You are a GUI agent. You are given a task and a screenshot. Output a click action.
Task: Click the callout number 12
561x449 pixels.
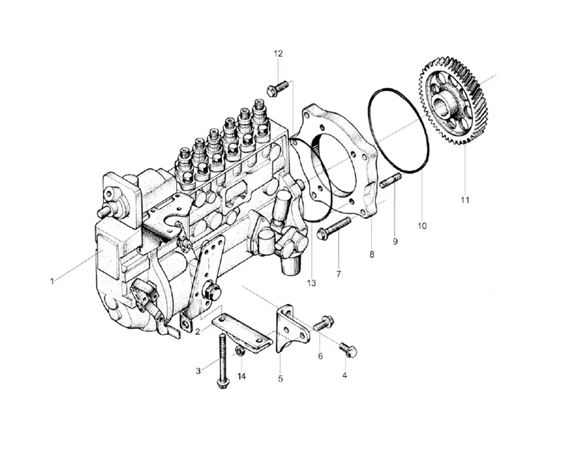pyautogui.click(x=278, y=54)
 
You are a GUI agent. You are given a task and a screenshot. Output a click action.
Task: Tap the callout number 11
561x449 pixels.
pyautogui.click(x=465, y=199)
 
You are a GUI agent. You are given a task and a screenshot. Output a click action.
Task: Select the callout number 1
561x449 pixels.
pyautogui.click(x=52, y=281)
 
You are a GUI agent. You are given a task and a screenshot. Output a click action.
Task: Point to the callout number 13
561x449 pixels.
pyautogui.click(x=312, y=283)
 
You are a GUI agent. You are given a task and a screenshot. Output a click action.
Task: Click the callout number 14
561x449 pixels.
pyautogui.click(x=241, y=376)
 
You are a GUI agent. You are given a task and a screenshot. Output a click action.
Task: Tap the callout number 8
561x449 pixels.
pyautogui.click(x=372, y=254)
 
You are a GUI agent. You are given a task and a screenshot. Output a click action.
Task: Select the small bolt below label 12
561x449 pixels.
pyautogui.click(x=278, y=88)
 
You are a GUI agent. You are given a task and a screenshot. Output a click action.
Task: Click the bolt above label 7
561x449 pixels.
pyautogui.click(x=334, y=228)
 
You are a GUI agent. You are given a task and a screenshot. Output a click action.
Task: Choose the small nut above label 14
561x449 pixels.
pyautogui.click(x=240, y=351)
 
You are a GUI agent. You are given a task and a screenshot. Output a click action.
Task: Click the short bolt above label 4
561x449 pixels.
pyautogui.click(x=349, y=349)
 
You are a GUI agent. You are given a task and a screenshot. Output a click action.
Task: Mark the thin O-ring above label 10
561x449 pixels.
pyautogui.click(x=399, y=130)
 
